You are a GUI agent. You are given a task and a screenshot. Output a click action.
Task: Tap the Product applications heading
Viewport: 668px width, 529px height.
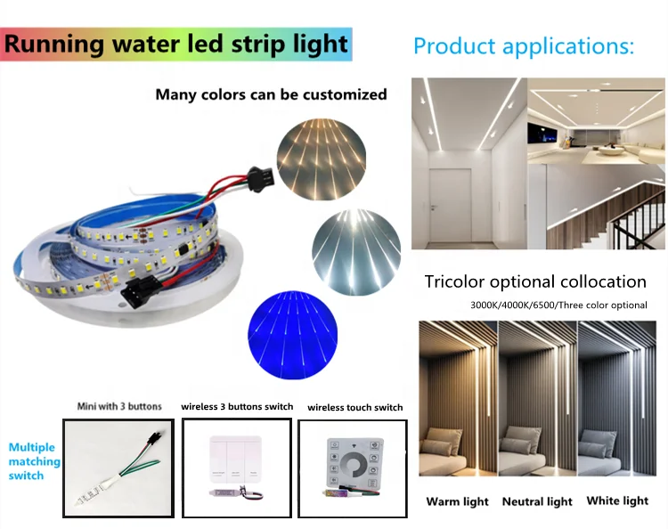click(524, 45)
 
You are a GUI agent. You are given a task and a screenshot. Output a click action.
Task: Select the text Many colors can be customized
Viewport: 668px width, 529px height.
click(271, 94)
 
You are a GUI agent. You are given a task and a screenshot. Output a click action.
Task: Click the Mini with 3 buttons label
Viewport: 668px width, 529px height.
click(120, 406)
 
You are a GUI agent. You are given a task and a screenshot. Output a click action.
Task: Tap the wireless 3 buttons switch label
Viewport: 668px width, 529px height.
click(237, 406)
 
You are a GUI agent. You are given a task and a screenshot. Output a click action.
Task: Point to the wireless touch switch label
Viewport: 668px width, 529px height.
click(354, 407)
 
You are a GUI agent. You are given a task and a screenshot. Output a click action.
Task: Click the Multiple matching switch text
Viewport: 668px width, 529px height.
click(34, 461)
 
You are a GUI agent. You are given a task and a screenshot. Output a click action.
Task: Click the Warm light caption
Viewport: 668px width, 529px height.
click(457, 501)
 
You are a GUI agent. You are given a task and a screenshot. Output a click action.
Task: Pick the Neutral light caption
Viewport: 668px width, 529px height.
click(537, 501)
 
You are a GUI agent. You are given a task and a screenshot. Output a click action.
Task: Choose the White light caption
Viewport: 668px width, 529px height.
click(618, 501)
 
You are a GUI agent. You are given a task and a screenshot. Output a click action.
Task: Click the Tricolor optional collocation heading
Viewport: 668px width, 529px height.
click(535, 282)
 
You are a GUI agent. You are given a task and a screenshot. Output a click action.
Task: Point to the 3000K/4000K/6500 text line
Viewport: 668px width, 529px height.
click(558, 305)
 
